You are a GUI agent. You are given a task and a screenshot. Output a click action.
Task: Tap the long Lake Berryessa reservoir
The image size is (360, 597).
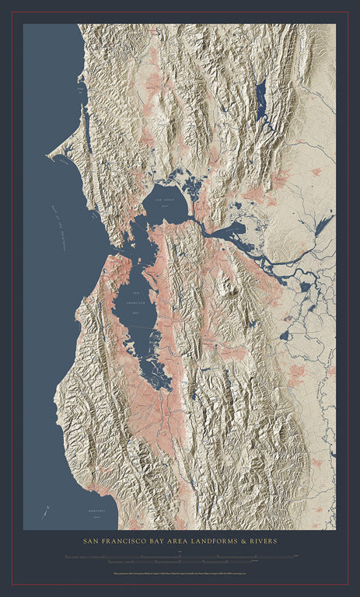click(260, 97)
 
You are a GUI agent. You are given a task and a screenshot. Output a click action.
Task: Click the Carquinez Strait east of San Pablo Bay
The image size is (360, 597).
click(204, 225)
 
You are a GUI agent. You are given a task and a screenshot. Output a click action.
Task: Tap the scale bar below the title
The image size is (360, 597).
click(180, 557)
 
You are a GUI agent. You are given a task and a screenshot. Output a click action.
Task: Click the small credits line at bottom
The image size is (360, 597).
click(180, 576)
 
